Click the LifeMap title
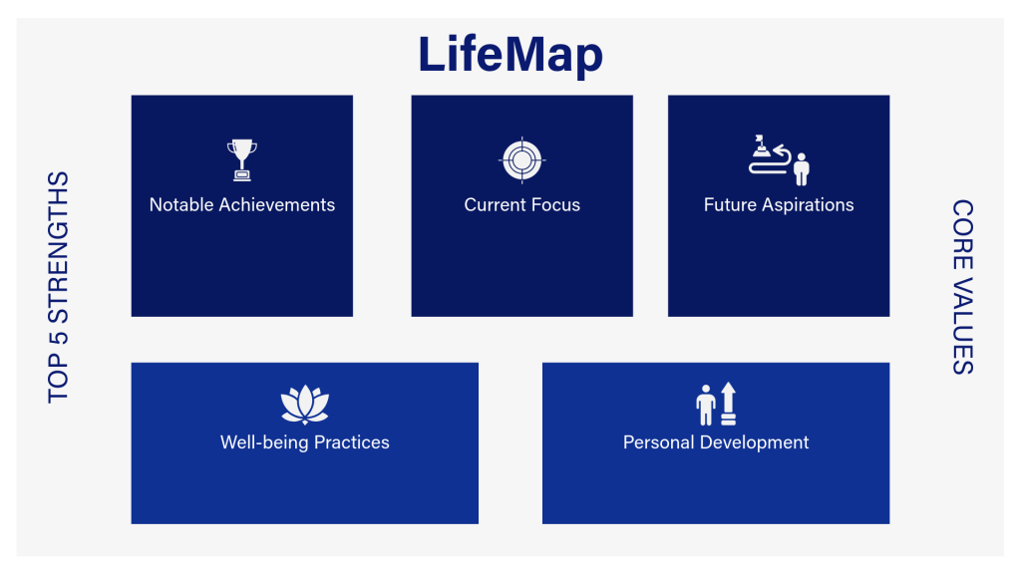[510, 54]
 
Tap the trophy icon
[241, 160]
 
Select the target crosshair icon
[522, 159]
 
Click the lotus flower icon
[305, 404]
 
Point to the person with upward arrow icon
[716, 404]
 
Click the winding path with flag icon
[779, 159]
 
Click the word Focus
[556, 205]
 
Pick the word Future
[730, 205]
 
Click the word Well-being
[263, 442]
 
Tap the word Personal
[658, 442]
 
